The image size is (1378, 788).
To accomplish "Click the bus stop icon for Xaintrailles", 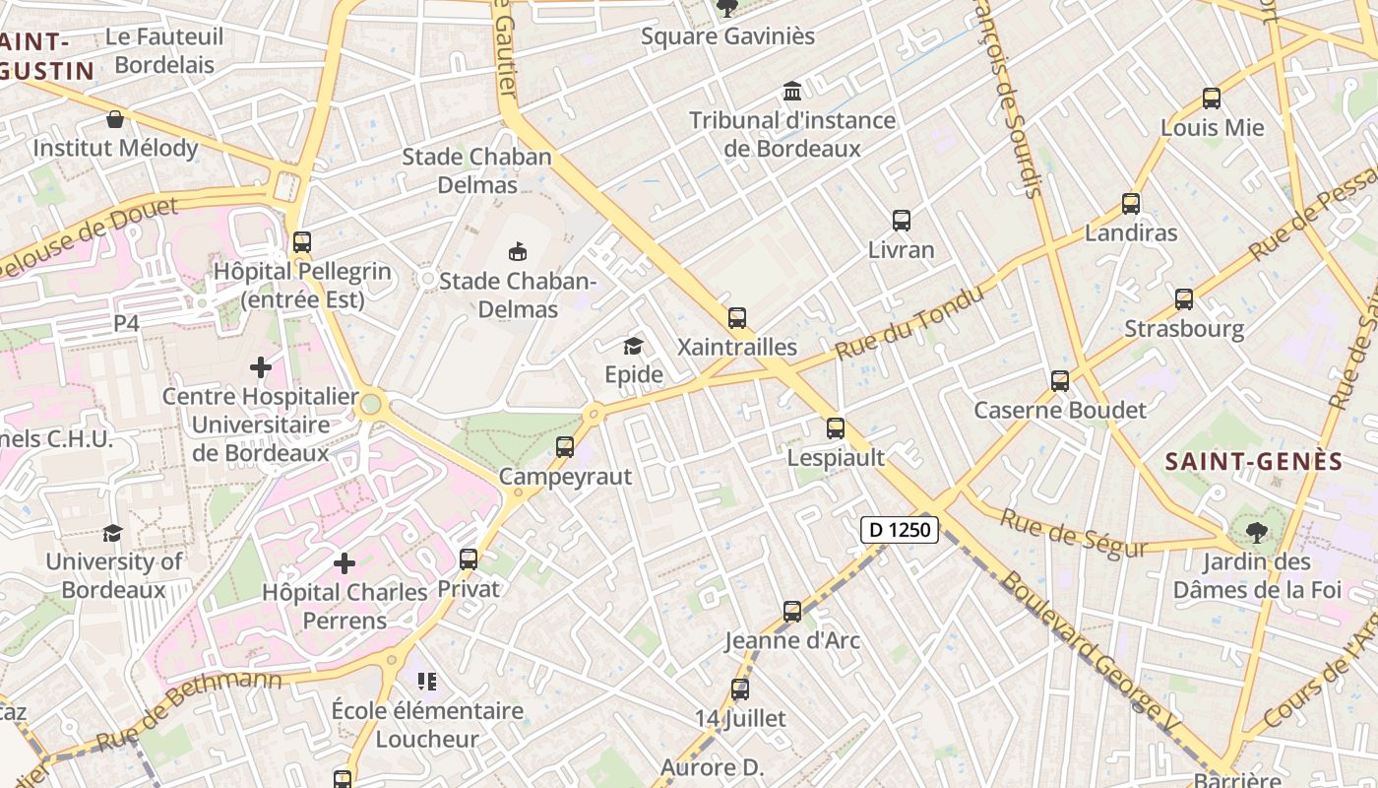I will [737, 318].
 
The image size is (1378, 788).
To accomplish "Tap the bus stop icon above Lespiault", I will [836, 428].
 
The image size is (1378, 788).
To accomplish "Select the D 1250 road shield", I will [900, 530].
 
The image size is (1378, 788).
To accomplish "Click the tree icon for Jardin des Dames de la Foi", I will [1256, 533].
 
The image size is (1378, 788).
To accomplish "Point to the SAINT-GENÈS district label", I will [1253, 462].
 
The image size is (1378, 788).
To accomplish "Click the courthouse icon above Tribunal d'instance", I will [792, 92].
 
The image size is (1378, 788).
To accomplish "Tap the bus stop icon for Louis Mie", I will [1212, 98].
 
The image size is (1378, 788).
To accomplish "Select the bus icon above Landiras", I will [1131, 204].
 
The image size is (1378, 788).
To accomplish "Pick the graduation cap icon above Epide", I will [633, 346].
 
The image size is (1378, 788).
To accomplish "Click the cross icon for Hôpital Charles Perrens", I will [344, 563].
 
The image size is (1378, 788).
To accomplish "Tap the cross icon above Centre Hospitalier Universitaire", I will [261, 367].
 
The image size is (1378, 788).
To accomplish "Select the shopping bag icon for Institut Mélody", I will [115, 119].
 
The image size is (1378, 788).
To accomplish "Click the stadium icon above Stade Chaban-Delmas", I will [518, 251].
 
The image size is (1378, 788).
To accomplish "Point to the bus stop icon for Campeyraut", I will [565, 447].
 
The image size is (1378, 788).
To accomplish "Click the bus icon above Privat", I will [469, 559].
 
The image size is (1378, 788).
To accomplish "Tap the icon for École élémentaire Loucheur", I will [427, 681].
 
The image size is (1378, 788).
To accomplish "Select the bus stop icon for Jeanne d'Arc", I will [792, 612].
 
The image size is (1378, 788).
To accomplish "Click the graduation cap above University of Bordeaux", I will [113, 533].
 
